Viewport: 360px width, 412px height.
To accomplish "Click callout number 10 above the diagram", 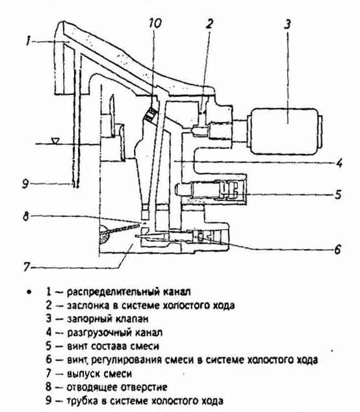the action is click(155, 23).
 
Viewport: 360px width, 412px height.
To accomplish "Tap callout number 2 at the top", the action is click(209, 23).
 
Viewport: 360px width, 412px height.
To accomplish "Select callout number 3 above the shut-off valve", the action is click(287, 23).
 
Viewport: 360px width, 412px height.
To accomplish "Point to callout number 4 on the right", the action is click(339, 162).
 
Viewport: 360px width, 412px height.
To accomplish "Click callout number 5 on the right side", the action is click(338, 194).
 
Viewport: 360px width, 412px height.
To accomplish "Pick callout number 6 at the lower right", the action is click(337, 249).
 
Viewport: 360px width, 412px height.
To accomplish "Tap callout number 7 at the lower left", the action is click(26, 267).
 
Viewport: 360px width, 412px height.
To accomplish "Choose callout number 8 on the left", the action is click(25, 216).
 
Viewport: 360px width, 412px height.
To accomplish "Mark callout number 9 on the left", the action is click(25, 184).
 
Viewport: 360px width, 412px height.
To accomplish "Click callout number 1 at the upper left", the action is click(29, 42).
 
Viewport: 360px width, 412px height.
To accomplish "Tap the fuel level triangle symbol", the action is click(55, 142).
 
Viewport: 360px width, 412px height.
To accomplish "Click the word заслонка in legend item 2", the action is click(88, 305).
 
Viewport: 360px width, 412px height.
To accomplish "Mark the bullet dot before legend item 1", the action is click(29, 292).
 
